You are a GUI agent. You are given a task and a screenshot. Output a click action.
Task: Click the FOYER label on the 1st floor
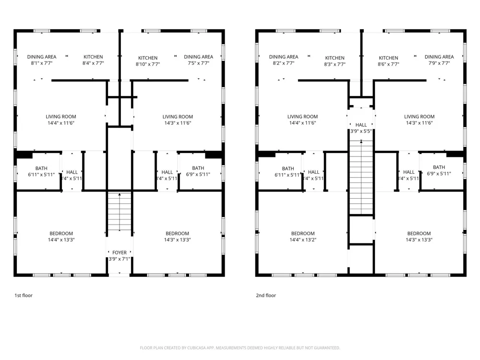click(x=120, y=252)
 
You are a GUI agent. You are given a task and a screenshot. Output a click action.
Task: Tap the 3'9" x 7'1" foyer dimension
click(x=120, y=259)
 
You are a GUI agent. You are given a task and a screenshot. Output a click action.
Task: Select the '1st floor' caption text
click(x=24, y=296)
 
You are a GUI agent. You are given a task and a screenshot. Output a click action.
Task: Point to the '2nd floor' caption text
click(x=266, y=296)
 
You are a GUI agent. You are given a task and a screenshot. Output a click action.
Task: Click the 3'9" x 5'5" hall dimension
click(x=361, y=131)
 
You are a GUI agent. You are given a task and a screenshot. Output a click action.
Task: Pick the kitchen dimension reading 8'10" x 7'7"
click(x=147, y=64)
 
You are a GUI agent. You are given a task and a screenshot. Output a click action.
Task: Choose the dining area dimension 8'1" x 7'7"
click(x=42, y=63)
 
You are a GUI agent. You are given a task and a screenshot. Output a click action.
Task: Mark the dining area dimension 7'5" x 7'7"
click(x=198, y=63)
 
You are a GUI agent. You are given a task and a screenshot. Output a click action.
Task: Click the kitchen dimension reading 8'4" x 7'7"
click(x=93, y=63)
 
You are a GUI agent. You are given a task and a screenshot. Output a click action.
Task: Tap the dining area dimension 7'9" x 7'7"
click(x=439, y=63)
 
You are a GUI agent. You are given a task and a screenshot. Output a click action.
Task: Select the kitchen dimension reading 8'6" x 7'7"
click(x=388, y=64)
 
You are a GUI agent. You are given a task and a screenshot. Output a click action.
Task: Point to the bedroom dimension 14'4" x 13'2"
click(x=303, y=240)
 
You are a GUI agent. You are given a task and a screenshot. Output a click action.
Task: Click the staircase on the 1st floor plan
click(x=119, y=212)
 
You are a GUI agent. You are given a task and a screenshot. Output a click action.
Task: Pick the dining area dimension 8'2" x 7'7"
click(x=284, y=63)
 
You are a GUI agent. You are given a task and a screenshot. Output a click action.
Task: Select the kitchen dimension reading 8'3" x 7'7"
click(x=335, y=64)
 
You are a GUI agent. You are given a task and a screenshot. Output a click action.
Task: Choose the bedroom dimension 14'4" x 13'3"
click(x=61, y=240)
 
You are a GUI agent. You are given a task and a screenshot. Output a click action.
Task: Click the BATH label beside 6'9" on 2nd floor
click(x=439, y=168)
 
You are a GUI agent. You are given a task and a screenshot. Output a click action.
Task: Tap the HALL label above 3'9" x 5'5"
click(x=361, y=125)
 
